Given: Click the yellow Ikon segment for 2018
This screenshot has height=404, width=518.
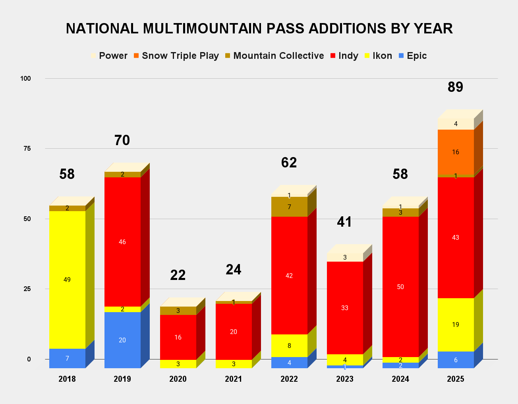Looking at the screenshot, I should pyautogui.click(x=67, y=280).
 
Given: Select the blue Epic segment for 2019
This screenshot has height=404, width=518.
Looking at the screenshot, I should pyautogui.click(x=122, y=340).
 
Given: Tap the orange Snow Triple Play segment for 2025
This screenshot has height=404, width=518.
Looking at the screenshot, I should pyautogui.click(x=456, y=152).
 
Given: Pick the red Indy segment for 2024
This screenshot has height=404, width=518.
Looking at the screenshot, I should pyautogui.click(x=400, y=287).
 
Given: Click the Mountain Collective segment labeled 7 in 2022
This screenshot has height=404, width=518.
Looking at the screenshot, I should pyautogui.click(x=289, y=207).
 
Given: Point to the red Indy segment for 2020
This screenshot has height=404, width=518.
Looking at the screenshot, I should pyautogui.click(x=178, y=337).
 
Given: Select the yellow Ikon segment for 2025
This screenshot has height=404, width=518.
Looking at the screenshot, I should pyautogui.click(x=456, y=324).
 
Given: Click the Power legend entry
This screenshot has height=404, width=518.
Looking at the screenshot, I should pyautogui.click(x=109, y=56).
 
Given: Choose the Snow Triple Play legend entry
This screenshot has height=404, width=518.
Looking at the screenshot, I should pyautogui.click(x=176, y=56).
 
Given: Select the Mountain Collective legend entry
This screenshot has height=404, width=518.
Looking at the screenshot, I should pyautogui.click(x=274, y=56).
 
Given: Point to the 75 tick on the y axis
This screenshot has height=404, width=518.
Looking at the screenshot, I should pyautogui.click(x=27, y=149).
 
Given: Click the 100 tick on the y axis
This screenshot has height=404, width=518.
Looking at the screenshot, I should pyautogui.click(x=25, y=78).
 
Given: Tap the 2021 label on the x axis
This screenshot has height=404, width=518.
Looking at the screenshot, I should pyautogui.click(x=234, y=379).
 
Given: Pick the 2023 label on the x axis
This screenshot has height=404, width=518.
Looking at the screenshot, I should pyautogui.click(x=345, y=379).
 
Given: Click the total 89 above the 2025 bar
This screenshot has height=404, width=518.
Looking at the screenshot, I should pyautogui.click(x=456, y=87).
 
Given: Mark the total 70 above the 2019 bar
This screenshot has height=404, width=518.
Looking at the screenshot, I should pyautogui.click(x=122, y=140).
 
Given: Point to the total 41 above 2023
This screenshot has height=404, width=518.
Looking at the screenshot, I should pyautogui.click(x=345, y=222).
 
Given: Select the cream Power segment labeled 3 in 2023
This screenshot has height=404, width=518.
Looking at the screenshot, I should pyautogui.click(x=345, y=257).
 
